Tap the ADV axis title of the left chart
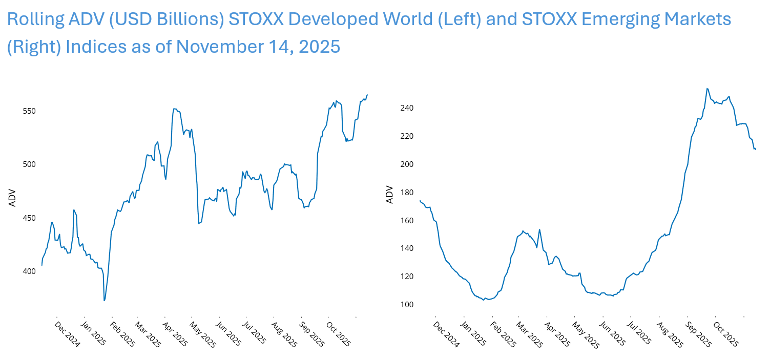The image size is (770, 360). (x=12, y=198)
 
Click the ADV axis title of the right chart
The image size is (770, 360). (x=390, y=195)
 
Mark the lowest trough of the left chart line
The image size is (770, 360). (x=105, y=301)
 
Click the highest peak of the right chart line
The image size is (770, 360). (x=707, y=88)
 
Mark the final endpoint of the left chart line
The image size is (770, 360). (x=367, y=95)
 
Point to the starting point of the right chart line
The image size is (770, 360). (x=420, y=200)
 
